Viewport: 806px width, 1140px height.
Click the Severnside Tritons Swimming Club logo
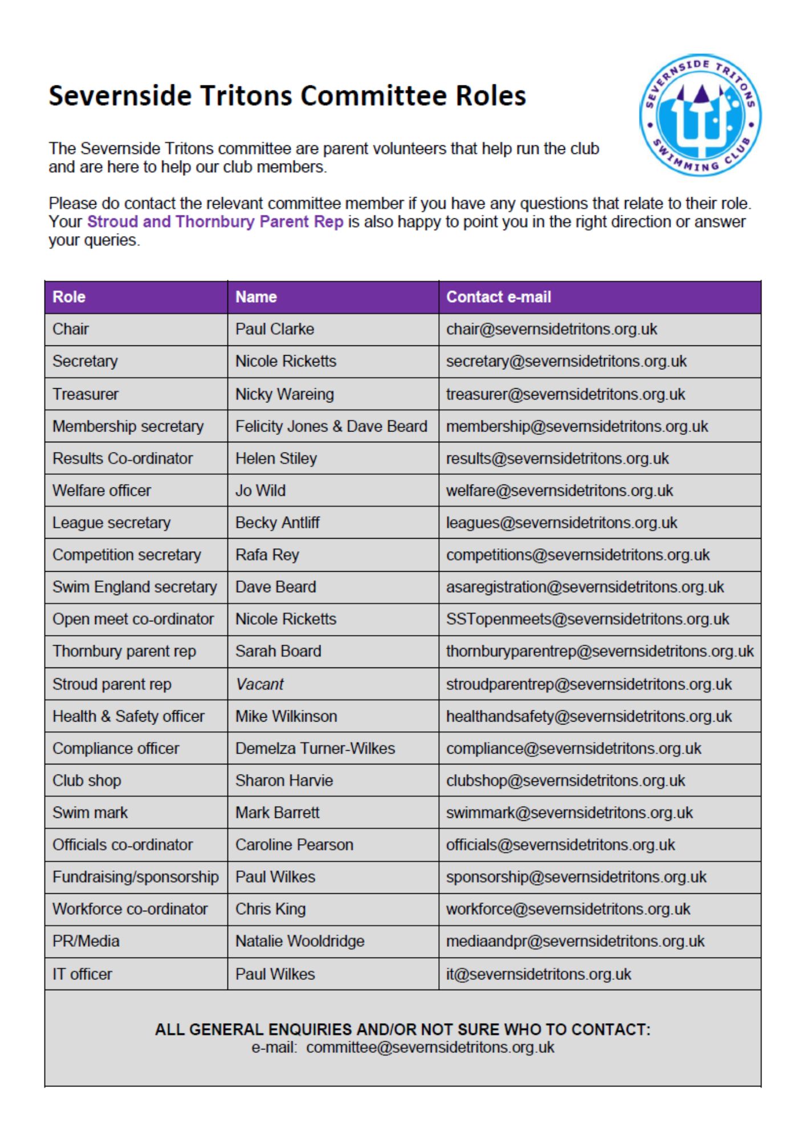pos(700,115)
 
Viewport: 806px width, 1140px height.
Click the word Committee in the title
pos(372,96)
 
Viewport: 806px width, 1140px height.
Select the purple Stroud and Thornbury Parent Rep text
pos(215,222)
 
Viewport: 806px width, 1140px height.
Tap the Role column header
pos(69,297)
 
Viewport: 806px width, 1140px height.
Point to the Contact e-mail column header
pos(498,297)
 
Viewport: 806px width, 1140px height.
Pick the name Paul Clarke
pos(275,329)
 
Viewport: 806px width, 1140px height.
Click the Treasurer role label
pos(86,394)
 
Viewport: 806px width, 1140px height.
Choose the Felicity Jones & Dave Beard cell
pos(331,426)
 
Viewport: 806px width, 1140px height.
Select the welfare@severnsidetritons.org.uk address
pos(559,491)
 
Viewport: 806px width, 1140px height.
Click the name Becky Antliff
pos(278,523)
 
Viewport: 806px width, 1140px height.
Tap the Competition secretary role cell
pos(127,555)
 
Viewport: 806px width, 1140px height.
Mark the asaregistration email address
pos(585,587)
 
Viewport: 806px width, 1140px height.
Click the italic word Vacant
pos(259,684)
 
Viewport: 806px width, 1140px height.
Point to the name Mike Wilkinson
pos(286,716)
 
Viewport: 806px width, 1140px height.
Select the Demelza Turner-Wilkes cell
pos(315,748)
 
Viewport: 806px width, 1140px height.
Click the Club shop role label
pos(87,781)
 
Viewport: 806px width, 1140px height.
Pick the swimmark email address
pos(569,813)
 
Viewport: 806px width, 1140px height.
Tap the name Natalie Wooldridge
pos(300,941)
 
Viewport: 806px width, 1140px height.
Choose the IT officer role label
pos(82,974)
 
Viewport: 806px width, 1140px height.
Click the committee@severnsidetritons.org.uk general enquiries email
pos(430,1048)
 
